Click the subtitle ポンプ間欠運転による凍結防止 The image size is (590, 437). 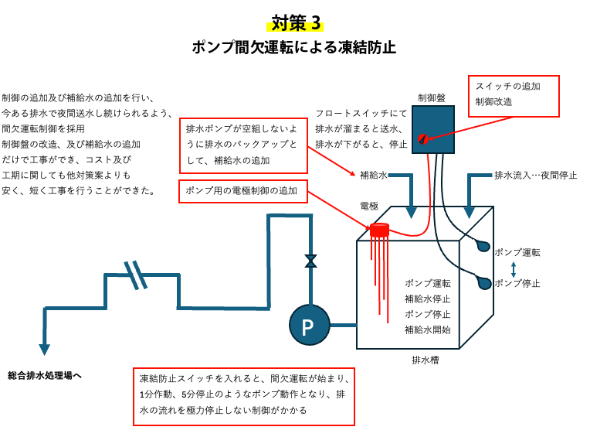pyautogui.click(x=294, y=47)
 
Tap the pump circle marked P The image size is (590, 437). pyautogui.click(x=308, y=326)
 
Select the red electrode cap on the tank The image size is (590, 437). pyautogui.click(x=379, y=230)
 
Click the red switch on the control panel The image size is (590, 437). pyautogui.click(x=422, y=139)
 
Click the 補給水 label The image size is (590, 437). pyautogui.click(x=374, y=175)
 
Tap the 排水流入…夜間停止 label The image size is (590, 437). pyautogui.click(x=535, y=175)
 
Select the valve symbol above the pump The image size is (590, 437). pyautogui.click(x=310, y=261)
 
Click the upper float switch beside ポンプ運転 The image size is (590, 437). pyautogui.click(x=483, y=246)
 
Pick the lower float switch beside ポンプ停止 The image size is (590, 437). pyautogui.click(x=484, y=282)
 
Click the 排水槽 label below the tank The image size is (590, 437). pyautogui.click(x=426, y=360)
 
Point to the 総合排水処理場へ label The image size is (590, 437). pyautogui.click(x=45, y=375)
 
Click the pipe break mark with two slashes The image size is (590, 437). pyautogui.click(x=136, y=274)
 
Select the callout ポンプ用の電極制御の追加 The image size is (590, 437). pyautogui.click(x=242, y=192)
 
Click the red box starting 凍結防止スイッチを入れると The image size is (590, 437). pyautogui.click(x=243, y=395)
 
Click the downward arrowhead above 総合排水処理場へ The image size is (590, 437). pyautogui.click(x=44, y=349)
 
